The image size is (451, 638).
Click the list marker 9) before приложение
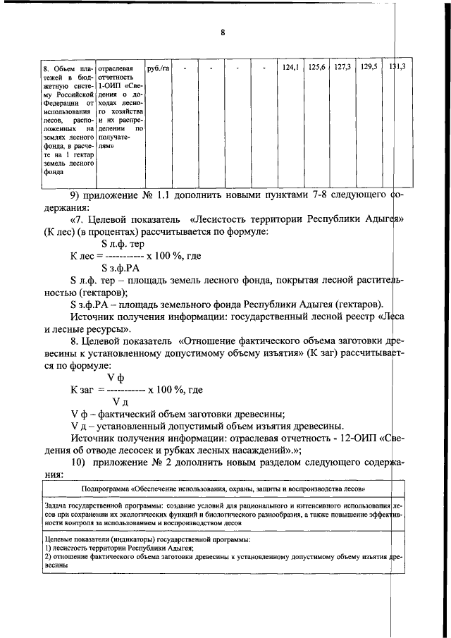coord(77,194)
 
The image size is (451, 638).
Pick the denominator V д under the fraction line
coord(121,401)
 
